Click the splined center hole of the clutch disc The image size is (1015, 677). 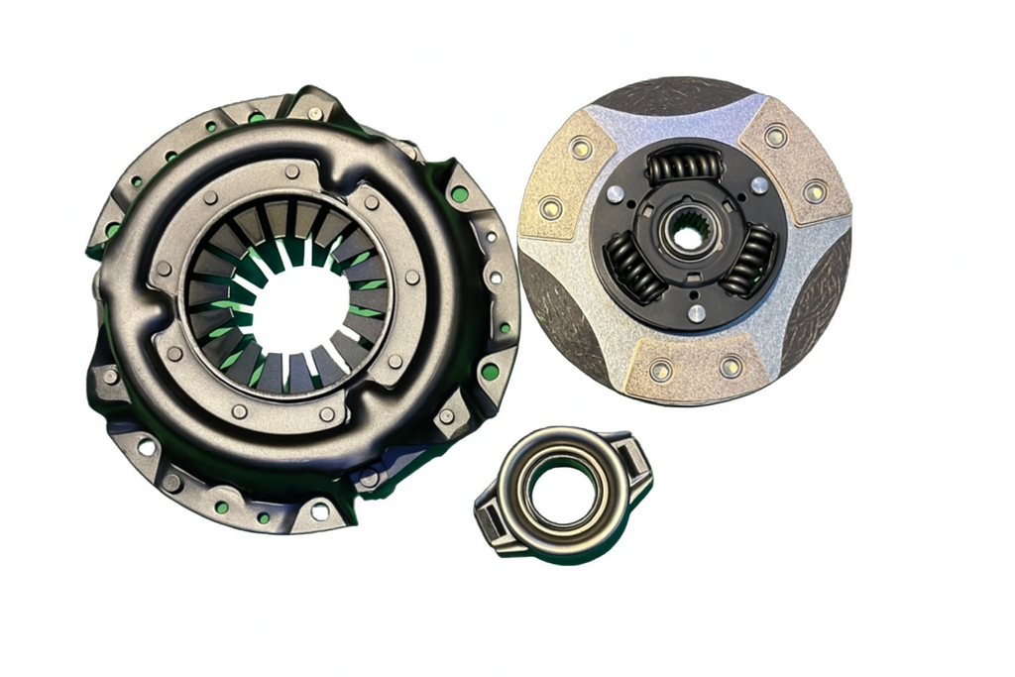click(685, 235)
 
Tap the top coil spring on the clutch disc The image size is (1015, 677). click(685, 166)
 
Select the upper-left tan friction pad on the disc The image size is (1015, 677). click(568, 174)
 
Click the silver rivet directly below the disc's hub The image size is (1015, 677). click(697, 314)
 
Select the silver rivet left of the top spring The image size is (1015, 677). click(615, 194)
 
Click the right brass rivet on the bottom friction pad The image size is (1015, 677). click(732, 368)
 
